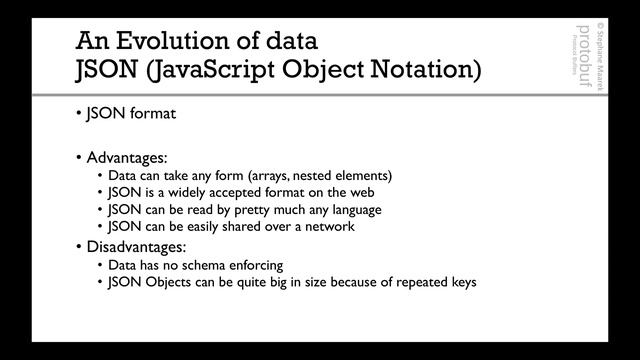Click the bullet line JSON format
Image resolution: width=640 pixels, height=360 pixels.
(130, 113)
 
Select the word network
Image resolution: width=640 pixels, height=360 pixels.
(327, 227)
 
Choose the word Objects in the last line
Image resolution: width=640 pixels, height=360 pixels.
(176, 282)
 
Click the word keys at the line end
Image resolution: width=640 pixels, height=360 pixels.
(459, 282)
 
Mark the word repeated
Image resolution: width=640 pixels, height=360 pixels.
(406, 282)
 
